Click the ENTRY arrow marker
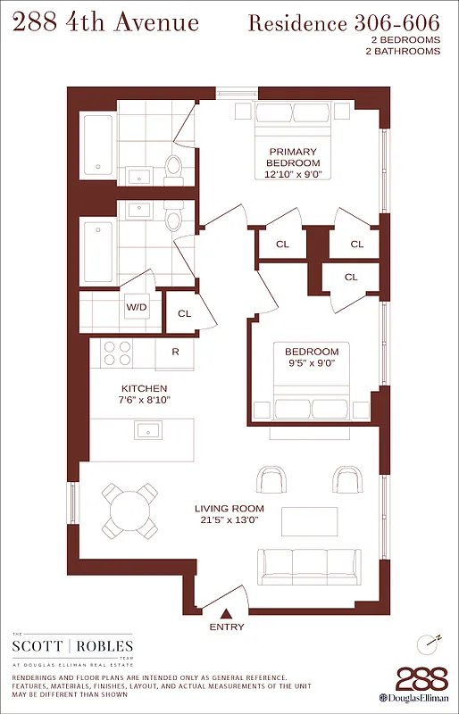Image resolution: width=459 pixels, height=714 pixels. (227, 613)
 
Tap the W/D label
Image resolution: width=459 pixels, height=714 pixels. (137, 307)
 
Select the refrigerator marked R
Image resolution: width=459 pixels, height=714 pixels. (175, 352)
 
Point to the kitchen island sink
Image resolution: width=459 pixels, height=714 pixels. (148, 430)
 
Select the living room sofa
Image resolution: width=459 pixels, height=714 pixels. (308, 563)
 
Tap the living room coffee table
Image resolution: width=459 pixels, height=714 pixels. (310, 520)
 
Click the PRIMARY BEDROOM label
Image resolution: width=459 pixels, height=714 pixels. (294, 157)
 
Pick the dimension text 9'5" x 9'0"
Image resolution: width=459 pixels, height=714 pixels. (312, 364)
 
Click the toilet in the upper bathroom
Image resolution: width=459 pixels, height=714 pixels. (174, 164)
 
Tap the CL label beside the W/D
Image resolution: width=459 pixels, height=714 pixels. (184, 313)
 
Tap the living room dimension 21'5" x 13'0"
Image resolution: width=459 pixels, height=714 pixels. (229, 521)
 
